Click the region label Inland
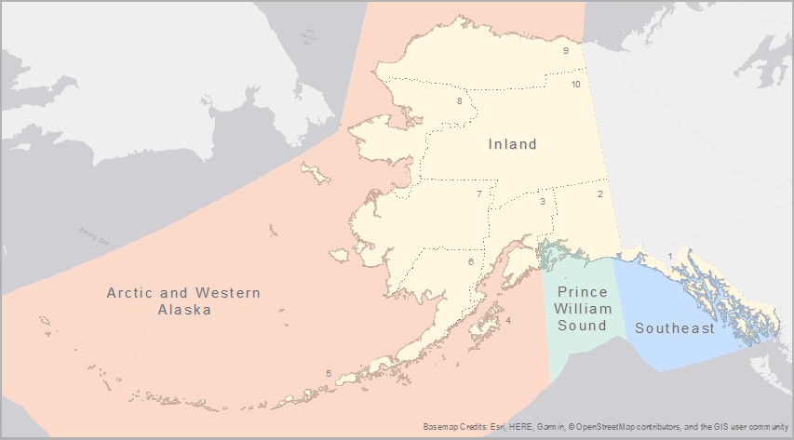[x=513, y=144]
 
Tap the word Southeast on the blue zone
[x=675, y=328]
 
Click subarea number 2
[x=600, y=193]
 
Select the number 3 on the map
[x=542, y=201]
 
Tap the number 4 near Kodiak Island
[x=507, y=322]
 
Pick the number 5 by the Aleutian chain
[x=328, y=374]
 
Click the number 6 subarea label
[x=471, y=262]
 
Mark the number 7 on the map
[x=478, y=194]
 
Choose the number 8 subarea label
[x=459, y=100]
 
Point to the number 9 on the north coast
[x=565, y=51]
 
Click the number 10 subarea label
[x=576, y=85]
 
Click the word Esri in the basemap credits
[x=503, y=427]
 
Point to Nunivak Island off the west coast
[x=339, y=254]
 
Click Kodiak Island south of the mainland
[x=484, y=326]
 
